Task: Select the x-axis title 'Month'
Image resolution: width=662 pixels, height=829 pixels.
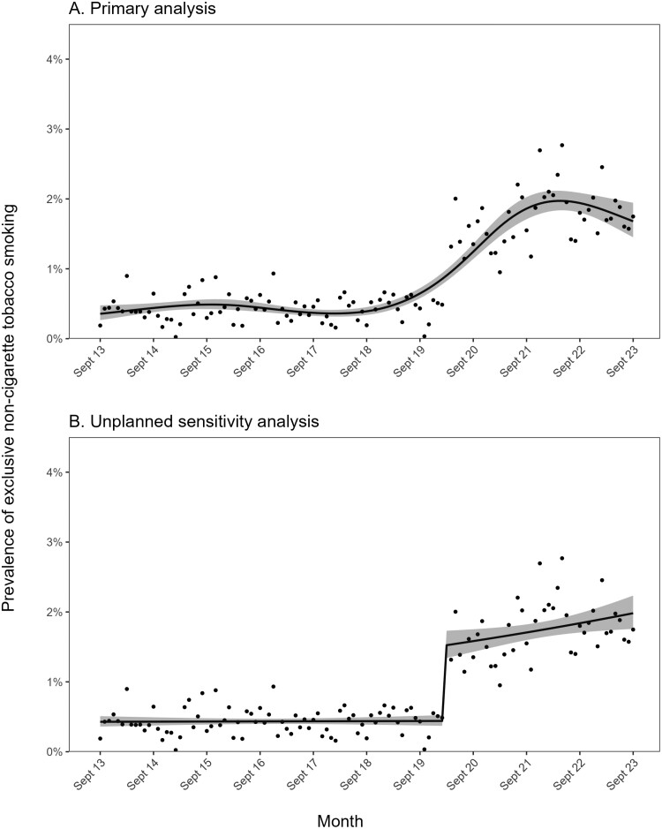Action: tap(342, 820)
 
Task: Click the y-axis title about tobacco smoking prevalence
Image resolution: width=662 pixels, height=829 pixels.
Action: tap(12, 406)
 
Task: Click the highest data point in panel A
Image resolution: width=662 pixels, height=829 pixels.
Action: tap(561, 145)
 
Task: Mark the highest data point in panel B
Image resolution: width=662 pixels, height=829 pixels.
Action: tap(561, 558)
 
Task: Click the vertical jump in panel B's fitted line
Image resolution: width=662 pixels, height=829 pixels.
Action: tap(444, 680)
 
